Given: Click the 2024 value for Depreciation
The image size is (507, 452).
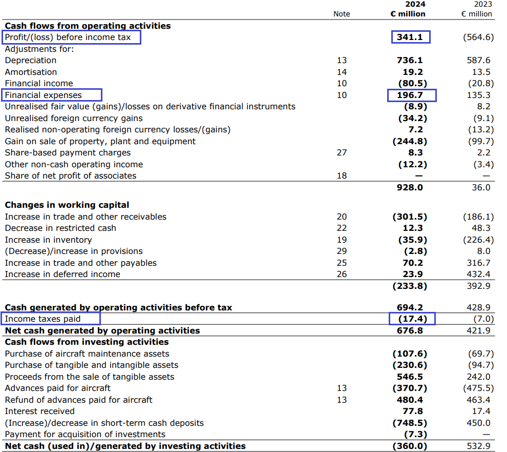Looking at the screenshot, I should (x=410, y=61).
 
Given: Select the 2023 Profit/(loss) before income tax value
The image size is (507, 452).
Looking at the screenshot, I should (x=478, y=37).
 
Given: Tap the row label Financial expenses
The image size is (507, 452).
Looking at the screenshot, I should (x=43, y=95).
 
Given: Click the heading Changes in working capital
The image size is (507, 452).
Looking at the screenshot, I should (x=67, y=205).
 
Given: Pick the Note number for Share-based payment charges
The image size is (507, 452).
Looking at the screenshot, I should (x=342, y=152).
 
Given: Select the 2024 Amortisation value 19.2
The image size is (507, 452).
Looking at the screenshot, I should (x=412, y=72).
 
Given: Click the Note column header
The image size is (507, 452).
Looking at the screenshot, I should (x=342, y=14).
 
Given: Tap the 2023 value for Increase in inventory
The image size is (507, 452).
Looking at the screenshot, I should (x=478, y=240).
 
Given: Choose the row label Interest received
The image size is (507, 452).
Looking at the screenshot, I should (x=39, y=411).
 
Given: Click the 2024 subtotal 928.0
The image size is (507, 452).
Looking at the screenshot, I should (x=410, y=187).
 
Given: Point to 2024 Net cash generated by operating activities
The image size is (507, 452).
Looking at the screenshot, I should (x=410, y=330).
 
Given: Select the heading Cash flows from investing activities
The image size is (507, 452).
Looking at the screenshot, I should (x=87, y=342).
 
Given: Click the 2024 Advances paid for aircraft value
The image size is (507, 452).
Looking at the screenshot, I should (x=410, y=388).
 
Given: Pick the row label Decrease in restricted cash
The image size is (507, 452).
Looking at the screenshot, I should (x=60, y=228).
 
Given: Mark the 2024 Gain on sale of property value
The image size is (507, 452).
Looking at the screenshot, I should (x=410, y=141).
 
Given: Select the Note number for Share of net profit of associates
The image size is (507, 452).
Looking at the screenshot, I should (x=342, y=175).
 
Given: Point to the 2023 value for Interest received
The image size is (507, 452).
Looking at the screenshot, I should (x=482, y=411).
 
